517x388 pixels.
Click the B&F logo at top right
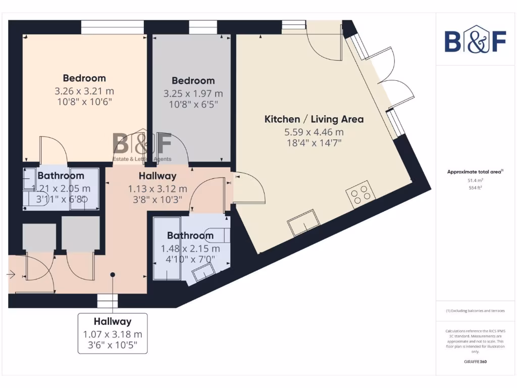tap(475, 40)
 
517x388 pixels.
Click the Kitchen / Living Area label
tap(314, 119)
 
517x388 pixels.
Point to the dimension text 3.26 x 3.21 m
tap(84, 91)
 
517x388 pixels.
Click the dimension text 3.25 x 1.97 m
tap(193, 94)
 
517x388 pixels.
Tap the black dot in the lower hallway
tap(113, 275)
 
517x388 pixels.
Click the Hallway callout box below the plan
tap(113, 333)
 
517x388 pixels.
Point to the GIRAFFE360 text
tap(475, 362)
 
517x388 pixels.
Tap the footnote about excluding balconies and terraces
tap(475, 311)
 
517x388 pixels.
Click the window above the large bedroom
tap(105, 27)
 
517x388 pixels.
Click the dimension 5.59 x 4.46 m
tap(314, 132)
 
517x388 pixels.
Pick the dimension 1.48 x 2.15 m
tap(190, 249)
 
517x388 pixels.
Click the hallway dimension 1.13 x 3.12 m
tap(157, 189)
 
